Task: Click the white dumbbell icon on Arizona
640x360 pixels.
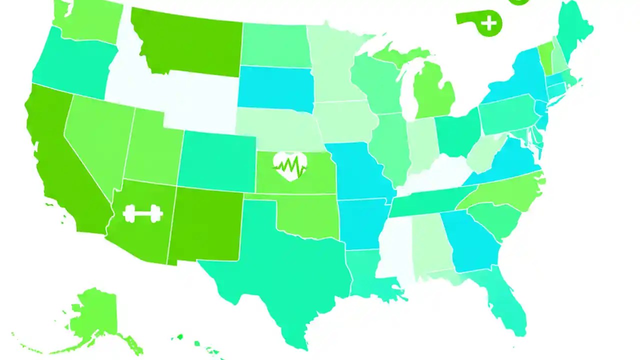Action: click(x=143, y=213)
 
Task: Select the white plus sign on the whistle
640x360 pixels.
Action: click(x=490, y=23)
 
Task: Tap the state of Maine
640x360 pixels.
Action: click(x=575, y=30)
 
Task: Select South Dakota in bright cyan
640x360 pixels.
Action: click(x=275, y=87)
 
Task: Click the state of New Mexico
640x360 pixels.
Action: click(x=205, y=225)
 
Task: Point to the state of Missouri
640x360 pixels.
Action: click(x=357, y=172)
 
